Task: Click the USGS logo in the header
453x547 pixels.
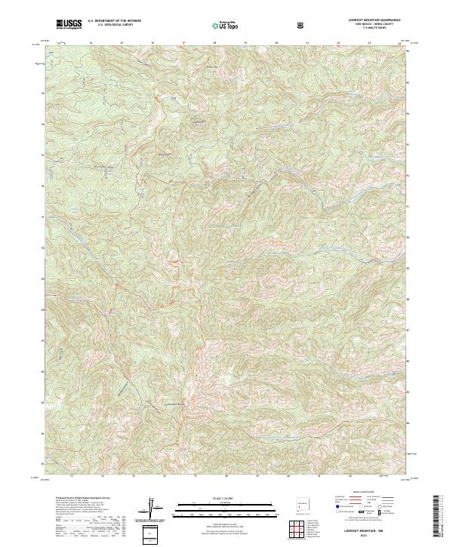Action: (x=69, y=24)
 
